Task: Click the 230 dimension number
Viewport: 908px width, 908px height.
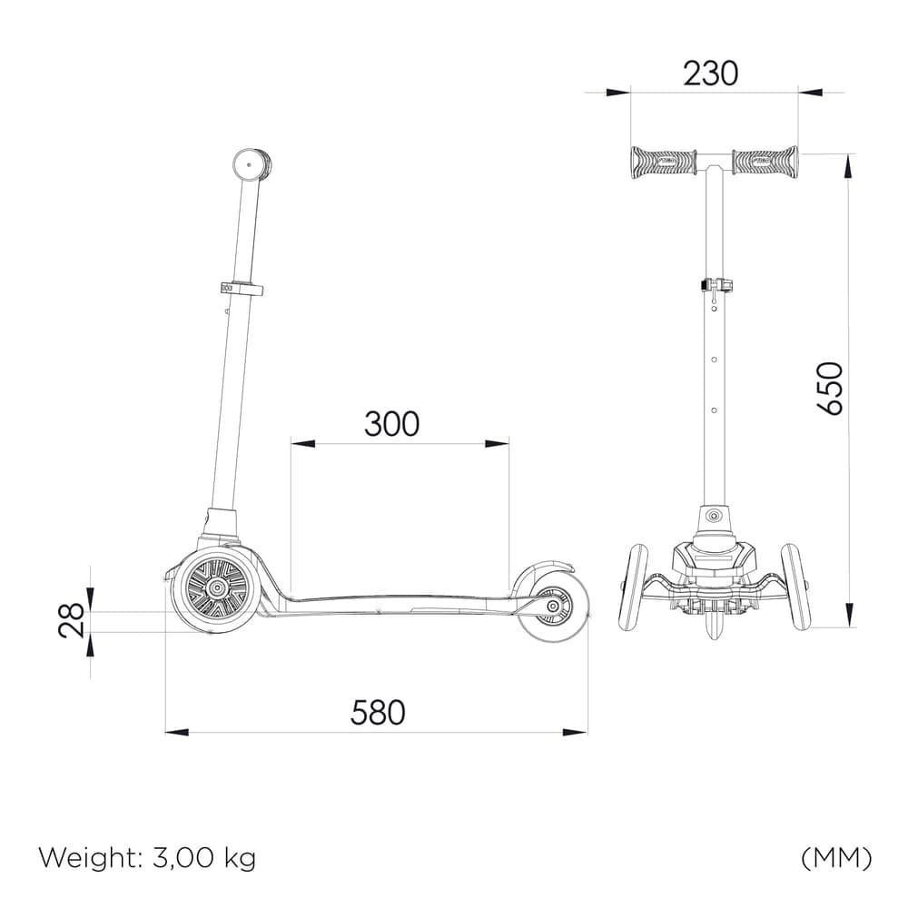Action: click(711, 74)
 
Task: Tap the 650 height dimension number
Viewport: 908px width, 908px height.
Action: click(831, 388)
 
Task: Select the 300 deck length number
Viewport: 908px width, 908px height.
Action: click(391, 424)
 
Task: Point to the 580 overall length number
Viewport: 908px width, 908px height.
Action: click(378, 712)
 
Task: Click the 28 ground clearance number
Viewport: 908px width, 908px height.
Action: click(72, 620)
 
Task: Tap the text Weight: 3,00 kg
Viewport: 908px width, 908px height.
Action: click(147, 858)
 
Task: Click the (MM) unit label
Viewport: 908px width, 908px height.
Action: click(836, 858)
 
